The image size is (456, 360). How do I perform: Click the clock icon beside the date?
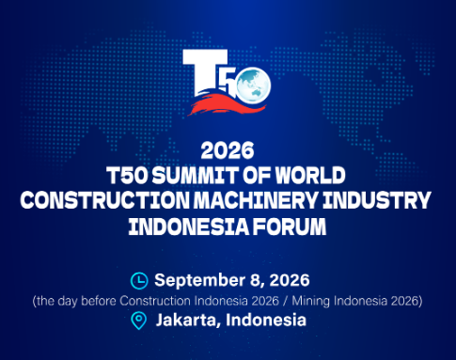coord(139,281)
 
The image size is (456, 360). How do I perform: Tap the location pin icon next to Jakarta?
coord(138,321)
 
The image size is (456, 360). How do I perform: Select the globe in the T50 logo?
coord(253,86)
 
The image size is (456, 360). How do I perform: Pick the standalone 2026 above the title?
coord(228,150)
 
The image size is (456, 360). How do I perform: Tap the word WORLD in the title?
coord(310,175)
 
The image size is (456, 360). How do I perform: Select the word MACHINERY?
coord(256,200)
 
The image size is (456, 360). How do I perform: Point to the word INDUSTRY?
coord(377,200)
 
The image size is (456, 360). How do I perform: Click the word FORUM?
coord(290,227)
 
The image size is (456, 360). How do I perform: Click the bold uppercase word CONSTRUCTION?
coord(105,200)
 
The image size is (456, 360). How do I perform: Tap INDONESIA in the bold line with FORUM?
coord(189,227)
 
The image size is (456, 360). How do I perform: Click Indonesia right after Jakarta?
coord(266,321)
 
